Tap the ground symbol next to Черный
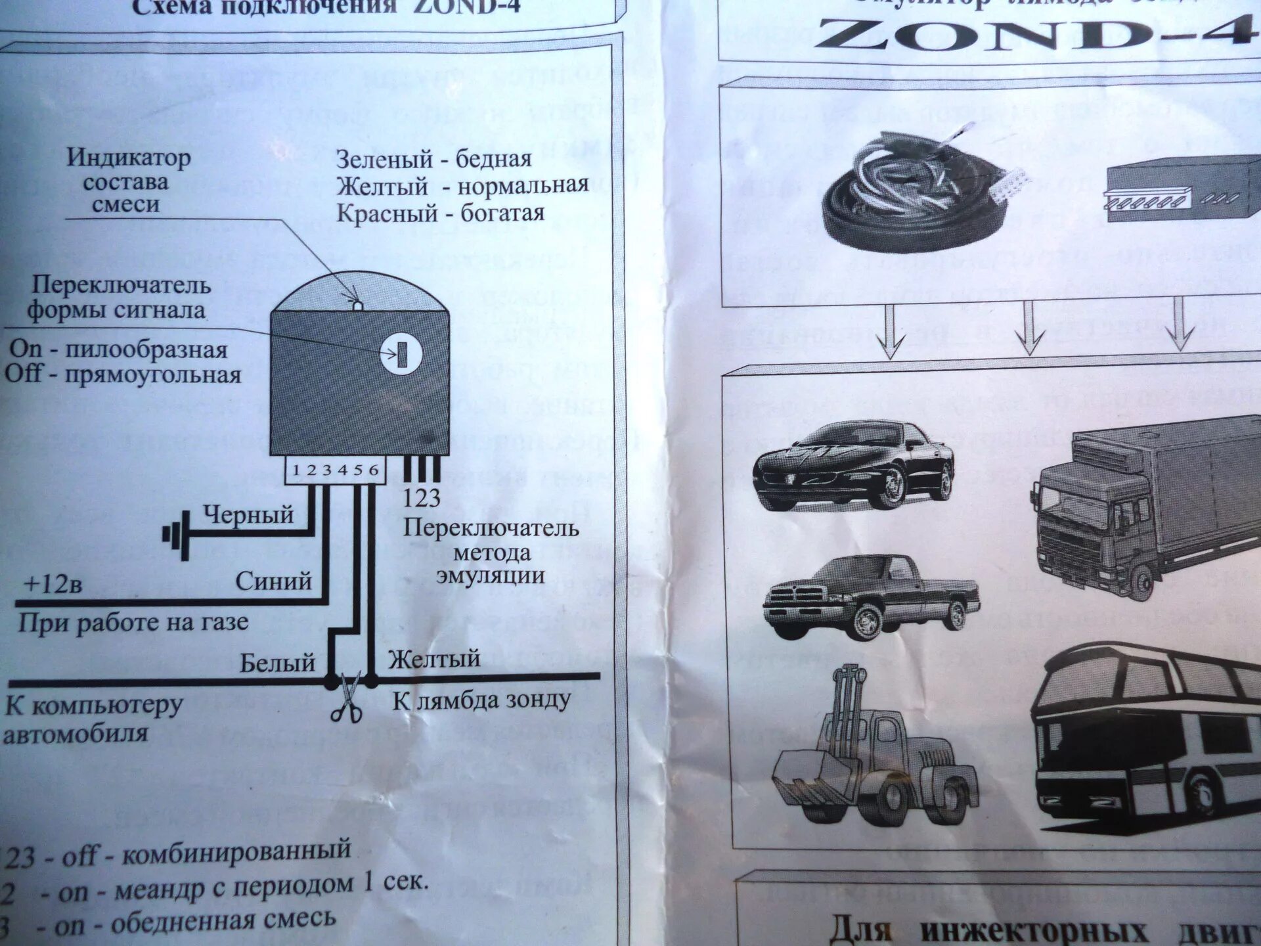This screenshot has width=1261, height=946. coord(176,534)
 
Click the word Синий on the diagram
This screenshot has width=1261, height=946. coord(273,581)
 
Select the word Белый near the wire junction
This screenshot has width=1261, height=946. coord(277,663)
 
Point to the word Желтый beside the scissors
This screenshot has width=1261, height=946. coord(434,659)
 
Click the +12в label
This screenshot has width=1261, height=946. coord(53,584)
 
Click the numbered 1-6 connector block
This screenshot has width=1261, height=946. coord(335,470)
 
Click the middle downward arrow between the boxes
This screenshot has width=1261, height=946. coord(1029,328)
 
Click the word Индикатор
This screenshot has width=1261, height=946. coord(129,158)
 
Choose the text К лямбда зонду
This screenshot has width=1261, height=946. coord(481,700)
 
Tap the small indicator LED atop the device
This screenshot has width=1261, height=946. coord(357,305)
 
